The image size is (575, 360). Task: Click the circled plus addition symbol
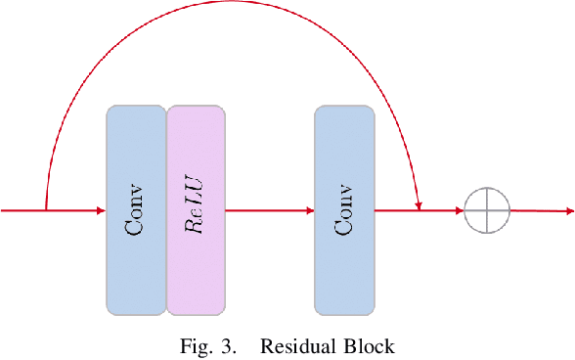click(x=487, y=210)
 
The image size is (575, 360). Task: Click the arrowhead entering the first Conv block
click(x=101, y=210)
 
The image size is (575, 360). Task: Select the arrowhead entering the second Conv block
click(x=309, y=210)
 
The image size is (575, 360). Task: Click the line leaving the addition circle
click(x=538, y=211)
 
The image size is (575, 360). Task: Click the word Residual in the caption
click(x=294, y=344)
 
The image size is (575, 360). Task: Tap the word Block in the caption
click(x=371, y=344)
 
